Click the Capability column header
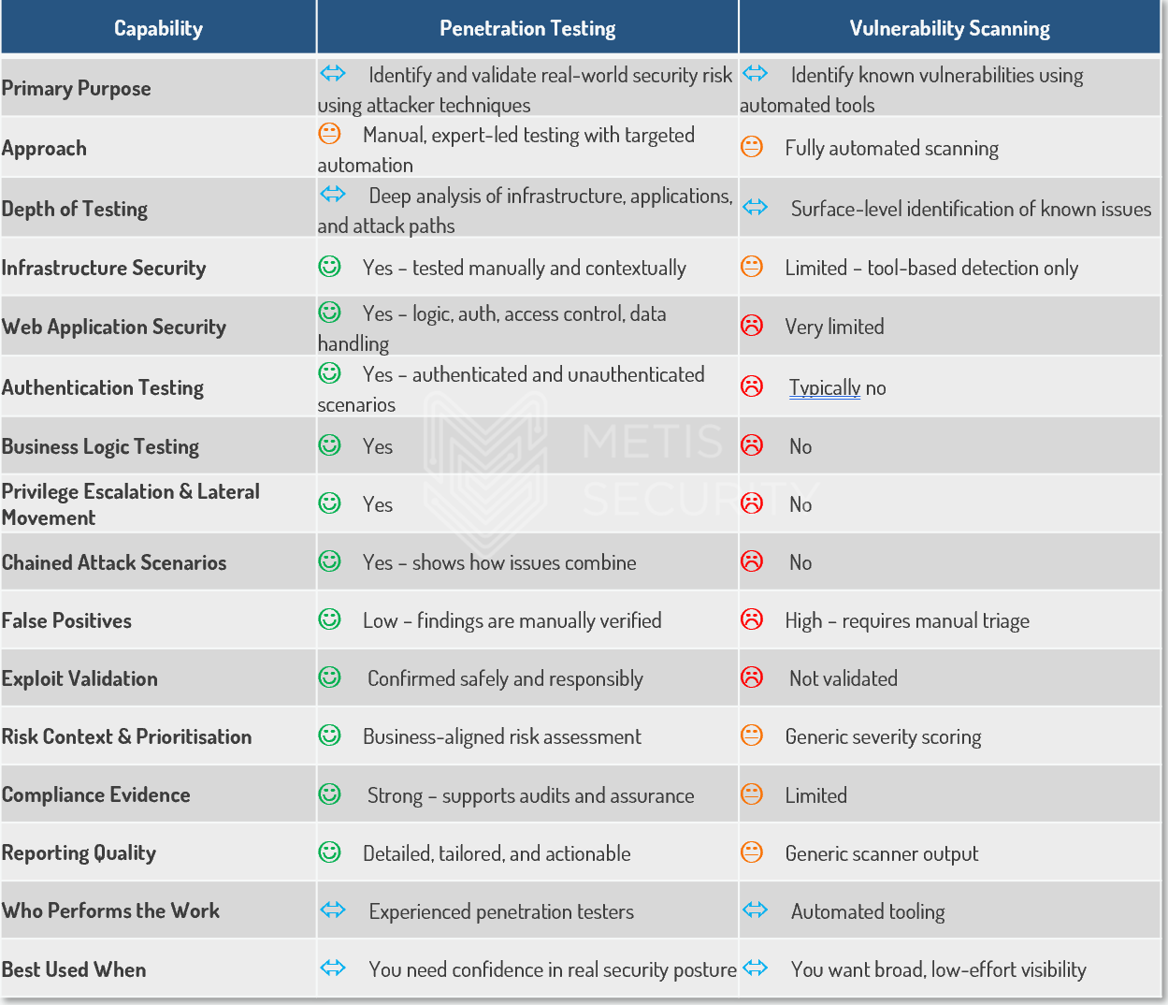(x=158, y=28)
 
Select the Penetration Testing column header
(x=527, y=28)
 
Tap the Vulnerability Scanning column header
(x=949, y=28)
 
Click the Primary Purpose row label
(x=76, y=88)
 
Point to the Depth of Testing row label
(x=75, y=209)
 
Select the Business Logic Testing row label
(x=100, y=446)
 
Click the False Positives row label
(x=66, y=620)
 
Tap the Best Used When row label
(x=74, y=969)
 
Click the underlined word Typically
(x=824, y=387)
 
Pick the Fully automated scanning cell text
(x=891, y=148)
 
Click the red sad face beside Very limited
(x=752, y=326)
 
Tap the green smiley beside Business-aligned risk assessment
(x=330, y=736)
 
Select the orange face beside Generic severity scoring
(x=752, y=736)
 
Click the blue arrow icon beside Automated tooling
(x=756, y=910)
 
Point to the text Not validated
(x=843, y=678)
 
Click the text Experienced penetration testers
(x=501, y=911)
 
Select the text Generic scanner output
(x=881, y=853)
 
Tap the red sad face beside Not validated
(x=752, y=677)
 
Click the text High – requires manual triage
(x=907, y=620)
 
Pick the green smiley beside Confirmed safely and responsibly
(x=330, y=677)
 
